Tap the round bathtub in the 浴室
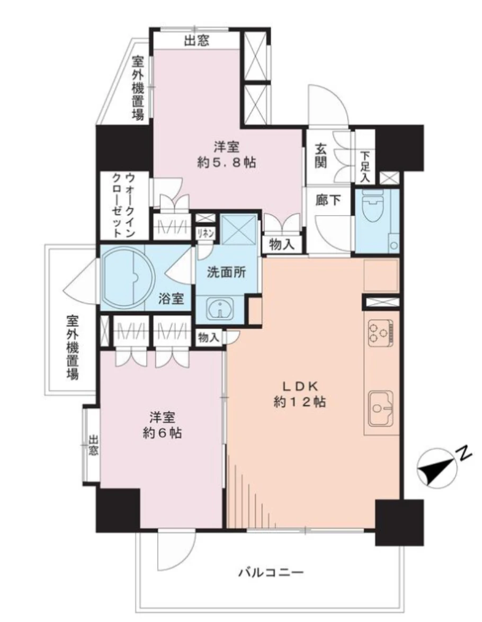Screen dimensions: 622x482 coord(126,276)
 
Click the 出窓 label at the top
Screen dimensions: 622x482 coord(196,40)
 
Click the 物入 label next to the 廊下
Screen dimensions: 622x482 coord(282,244)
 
